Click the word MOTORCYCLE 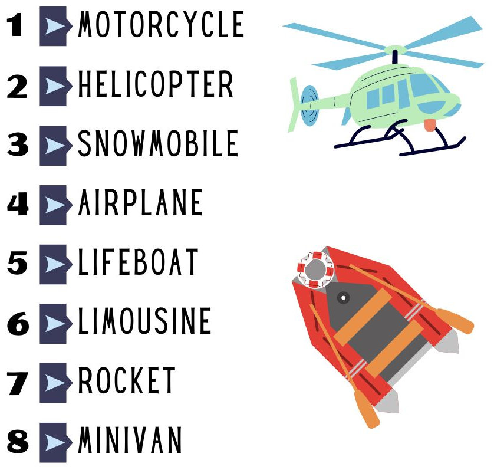[x=161, y=24]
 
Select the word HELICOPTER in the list [x=156, y=84]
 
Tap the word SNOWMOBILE [x=158, y=143]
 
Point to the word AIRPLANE [x=140, y=202]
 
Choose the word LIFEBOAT [x=138, y=262]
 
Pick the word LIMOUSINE [x=144, y=321]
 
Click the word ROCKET [x=127, y=380]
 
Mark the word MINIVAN [x=130, y=440]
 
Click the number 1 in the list [x=15, y=25]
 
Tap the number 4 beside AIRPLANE [x=18, y=205]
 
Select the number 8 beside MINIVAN [x=18, y=442]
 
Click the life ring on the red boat [x=315, y=270]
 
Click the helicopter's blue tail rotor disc [x=309, y=106]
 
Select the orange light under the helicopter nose [x=430, y=125]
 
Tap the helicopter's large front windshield [x=425, y=85]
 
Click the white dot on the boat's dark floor [x=344, y=298]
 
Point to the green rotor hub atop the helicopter [x=395, y=50]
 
